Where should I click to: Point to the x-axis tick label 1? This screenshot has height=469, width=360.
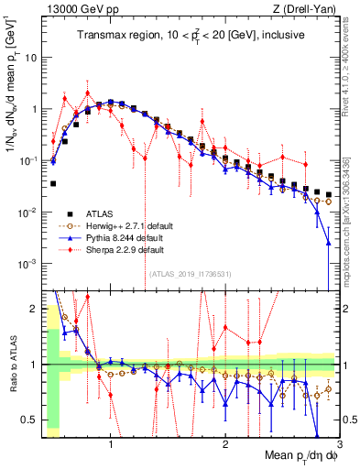pos(111,442)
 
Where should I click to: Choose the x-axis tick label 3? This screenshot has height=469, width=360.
pos(339,442)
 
